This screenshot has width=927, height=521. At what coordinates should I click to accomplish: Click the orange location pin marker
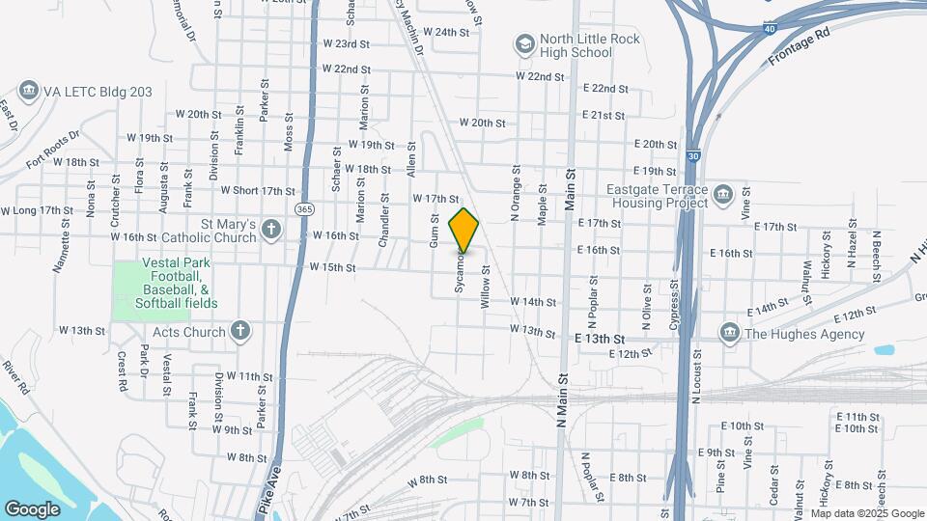(x=463, y=231)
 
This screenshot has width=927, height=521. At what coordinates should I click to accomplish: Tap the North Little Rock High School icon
(x=524, y=43)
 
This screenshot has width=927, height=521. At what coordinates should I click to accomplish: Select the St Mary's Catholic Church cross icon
(x=271, y=230)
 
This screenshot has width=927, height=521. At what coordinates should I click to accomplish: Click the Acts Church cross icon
(x=240, y=331)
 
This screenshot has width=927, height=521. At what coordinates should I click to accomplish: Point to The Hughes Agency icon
(x=729, y=334)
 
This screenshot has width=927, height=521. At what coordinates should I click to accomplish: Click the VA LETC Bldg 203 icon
(x=27, y=92)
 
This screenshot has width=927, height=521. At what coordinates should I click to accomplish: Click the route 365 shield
(x=305, y=208)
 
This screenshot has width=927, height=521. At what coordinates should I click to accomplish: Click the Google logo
(x=32, y=508)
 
